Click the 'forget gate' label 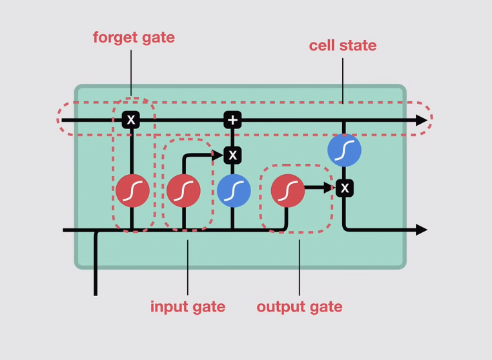pos(134,38)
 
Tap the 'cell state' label pos(343,45)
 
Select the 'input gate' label pos(188,307)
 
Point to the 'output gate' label pos(300,307)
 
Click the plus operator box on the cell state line pos(232,120)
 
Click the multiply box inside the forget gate pos(131,119)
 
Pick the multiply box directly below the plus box pos(232,155)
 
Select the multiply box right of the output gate pos(345,188)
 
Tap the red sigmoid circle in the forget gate pos(132,191)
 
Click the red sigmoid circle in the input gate pos(183,191)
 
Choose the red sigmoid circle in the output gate pos(288,191)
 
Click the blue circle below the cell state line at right pos(344,150)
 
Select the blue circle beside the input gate pos(234,191)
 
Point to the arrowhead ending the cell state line pos(422,120)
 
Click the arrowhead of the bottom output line pos(422,230)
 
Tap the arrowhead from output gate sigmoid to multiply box pos(329,188)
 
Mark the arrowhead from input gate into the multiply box pos(218,155)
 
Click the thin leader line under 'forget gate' pos(131,73)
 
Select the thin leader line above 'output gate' pos(300,268)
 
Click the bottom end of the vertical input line pos(96,295)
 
